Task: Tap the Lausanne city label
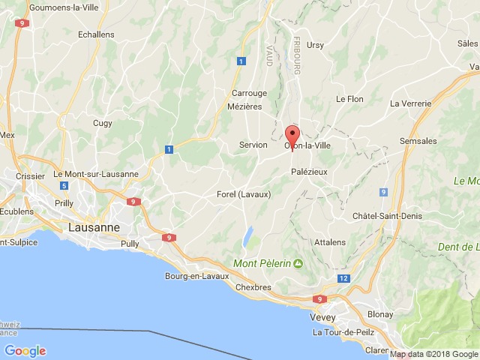point(93,226)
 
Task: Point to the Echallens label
point(96,34)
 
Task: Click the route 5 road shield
point(64,186)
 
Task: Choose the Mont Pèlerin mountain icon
point(298,263)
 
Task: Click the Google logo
point(25,350)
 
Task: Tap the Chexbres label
point(253,287)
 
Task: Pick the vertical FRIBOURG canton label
point(297,53)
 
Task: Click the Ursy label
point(315,45)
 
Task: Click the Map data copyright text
point(433,354)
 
